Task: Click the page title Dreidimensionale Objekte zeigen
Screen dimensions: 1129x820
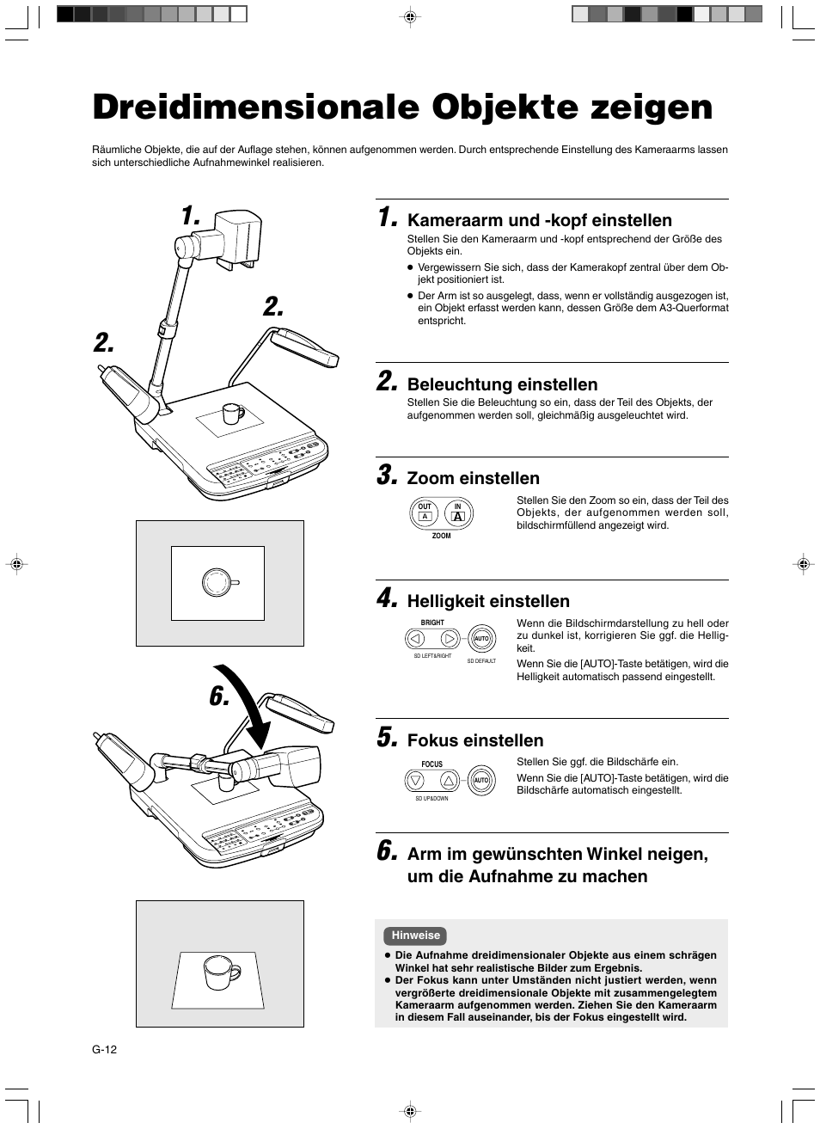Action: coord(402,107)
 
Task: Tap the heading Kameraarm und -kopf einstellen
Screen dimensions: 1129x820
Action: coord(539,221)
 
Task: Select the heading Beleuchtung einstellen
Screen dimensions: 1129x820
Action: coord(502,384)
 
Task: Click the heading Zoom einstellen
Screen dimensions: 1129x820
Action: coord(473,479)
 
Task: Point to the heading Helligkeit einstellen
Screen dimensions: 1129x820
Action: coord(487,602)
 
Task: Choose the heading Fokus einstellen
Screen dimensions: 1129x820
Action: coord(474,741)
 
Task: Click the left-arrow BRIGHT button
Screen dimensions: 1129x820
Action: coord(416,638)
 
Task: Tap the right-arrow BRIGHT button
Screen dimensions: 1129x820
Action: coord(449,638)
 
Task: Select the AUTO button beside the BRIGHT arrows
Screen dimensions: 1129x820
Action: coord(481,639)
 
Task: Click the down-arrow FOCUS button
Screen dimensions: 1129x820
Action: coord(416,781)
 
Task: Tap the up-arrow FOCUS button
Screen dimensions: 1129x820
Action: coord(448,781)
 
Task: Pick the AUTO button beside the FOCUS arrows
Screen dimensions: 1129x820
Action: coord(481,781)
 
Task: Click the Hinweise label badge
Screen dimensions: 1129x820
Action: coord(415,936)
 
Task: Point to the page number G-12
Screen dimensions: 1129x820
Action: coord(104,1049)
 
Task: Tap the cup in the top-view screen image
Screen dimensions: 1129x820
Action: coord(217,582)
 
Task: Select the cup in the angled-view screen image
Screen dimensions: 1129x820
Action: coord(218,972)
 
